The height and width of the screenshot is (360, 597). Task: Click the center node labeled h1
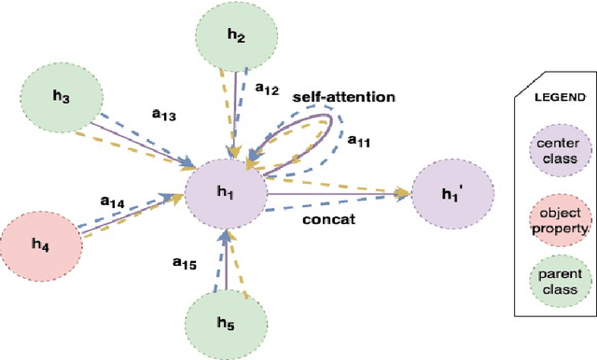[x=226, y=192]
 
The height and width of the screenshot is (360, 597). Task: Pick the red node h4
[x=39, y=244]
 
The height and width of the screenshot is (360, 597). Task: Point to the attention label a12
[x=268, y=89]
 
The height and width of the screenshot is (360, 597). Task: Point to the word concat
[x=326, y=220]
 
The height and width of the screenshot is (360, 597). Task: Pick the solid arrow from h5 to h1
[x=224, y=266]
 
